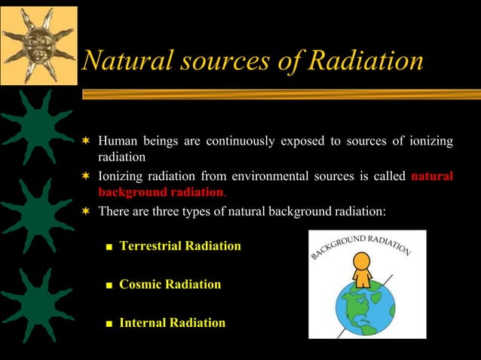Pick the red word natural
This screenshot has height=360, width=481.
click(x=432, y=176)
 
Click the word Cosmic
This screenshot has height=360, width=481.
click(x=139, y=285)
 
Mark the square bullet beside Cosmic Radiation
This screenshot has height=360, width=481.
click(x=109, y=285)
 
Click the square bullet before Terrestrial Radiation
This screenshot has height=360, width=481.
click(x=109, y=247)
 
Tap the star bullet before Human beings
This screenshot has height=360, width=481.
click(x=87, y=141)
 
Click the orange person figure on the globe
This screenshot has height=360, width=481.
click(x=363, y=270)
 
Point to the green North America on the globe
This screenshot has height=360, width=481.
click(x=355, y=306)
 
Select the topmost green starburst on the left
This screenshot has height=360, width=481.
click(x=37, y=124)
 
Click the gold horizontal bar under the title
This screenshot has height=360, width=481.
click(x=279, y=94)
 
